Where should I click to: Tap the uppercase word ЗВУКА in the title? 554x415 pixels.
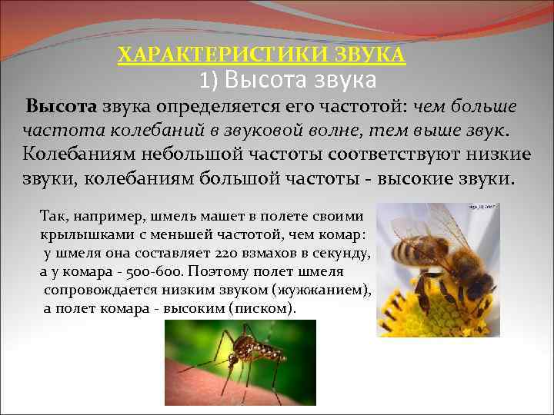point(371,55)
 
